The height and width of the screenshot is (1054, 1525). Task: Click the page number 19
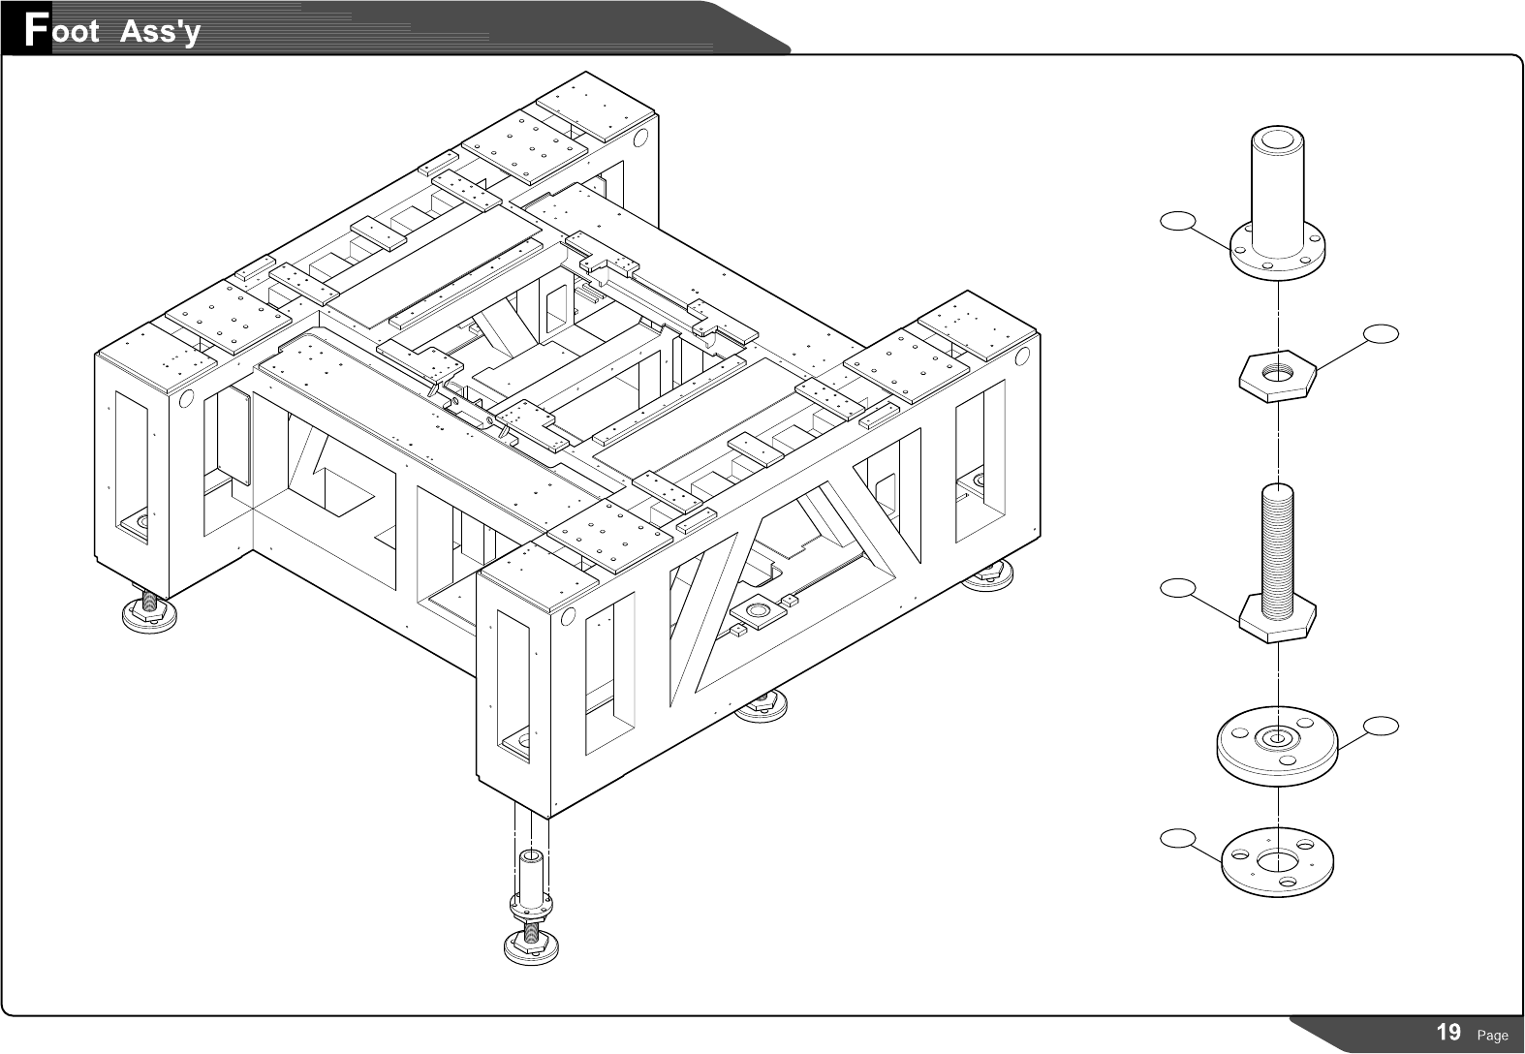coord(1448,1032)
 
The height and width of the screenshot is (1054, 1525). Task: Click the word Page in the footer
coord(1492,1036)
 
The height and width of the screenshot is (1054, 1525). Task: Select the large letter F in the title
coord(36,29)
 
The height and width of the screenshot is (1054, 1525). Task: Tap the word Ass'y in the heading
coord(160,32)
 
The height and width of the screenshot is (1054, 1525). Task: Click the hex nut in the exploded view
coord(1278,374)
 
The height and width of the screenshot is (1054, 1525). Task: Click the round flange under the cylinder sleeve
coord(1278,254)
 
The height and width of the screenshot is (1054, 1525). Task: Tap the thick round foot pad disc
coord(1277,746)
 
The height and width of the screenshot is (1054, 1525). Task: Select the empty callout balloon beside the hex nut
coord(1382,334)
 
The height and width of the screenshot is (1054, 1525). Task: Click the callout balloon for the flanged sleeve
coord(1176,222)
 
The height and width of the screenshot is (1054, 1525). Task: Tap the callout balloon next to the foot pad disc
coord(1382,725)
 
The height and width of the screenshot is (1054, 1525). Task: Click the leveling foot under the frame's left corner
coord(150,612)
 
